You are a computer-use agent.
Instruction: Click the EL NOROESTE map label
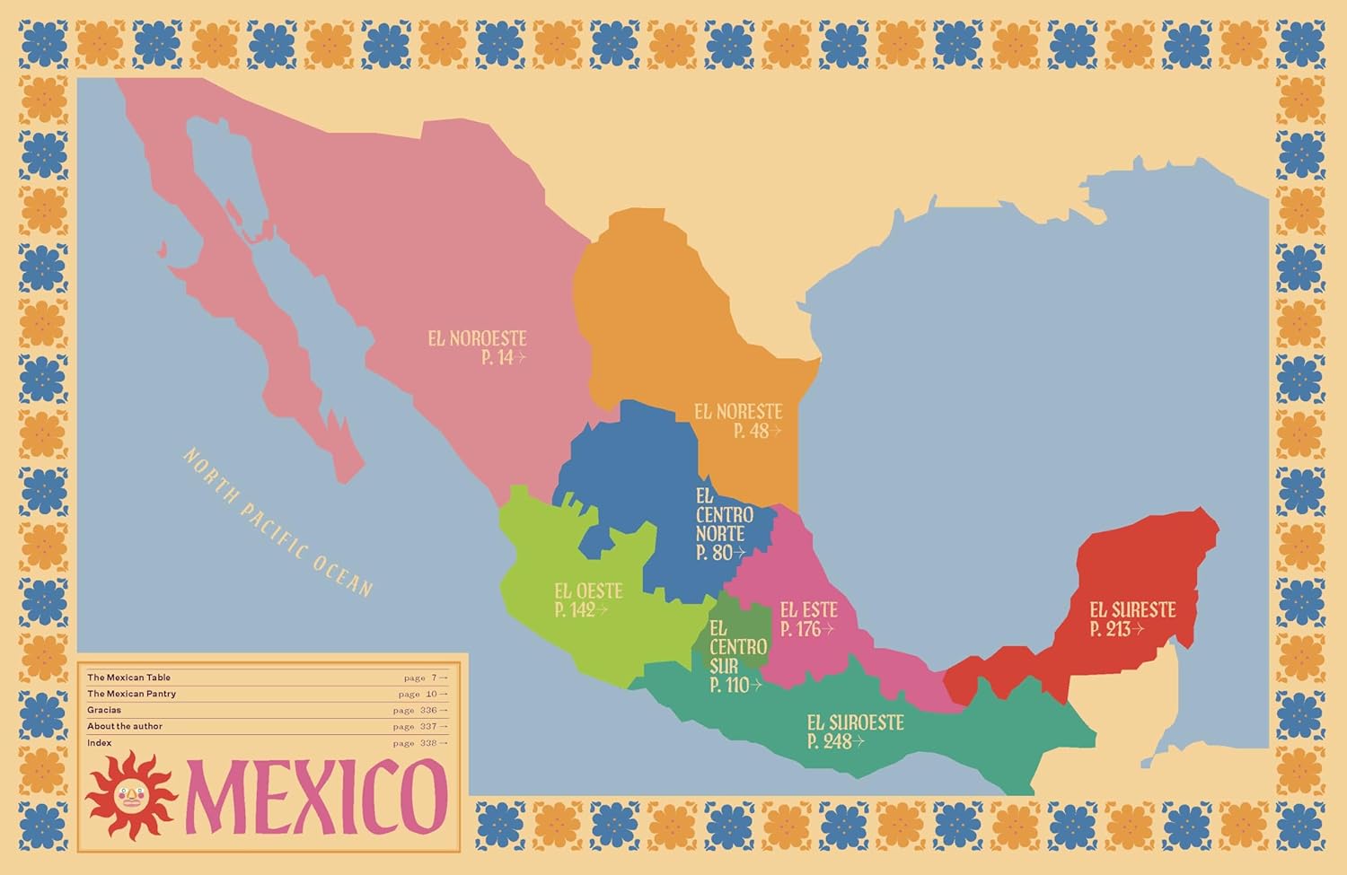[x=477, y=339]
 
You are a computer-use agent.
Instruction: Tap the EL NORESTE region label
[x=738, y=412]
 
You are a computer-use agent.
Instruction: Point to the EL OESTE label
[x=588, y=591]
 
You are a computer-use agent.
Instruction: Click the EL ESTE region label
[x=808, y=610]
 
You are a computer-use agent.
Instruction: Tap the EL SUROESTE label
[x=855, y=723]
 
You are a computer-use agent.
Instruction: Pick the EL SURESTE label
[x=1132, y=610]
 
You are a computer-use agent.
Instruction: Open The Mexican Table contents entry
[x=129, y=678]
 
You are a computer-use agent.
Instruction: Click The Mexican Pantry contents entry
[x=132, y=694]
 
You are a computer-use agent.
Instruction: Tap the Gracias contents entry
[x=104, y=710]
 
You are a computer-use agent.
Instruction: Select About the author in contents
[x=125, y=726]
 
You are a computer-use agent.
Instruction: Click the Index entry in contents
[x=100, y=743]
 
